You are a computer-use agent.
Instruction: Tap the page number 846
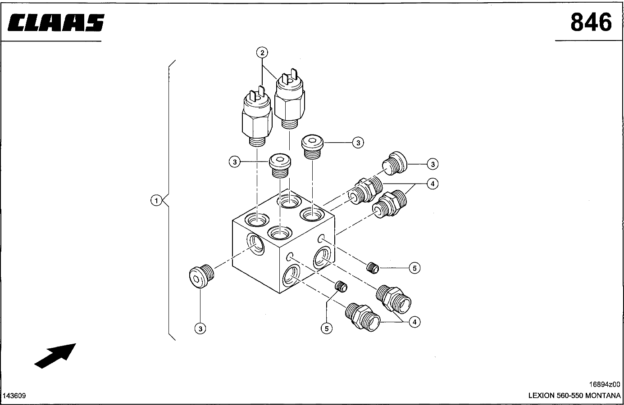click(x=591, y=22)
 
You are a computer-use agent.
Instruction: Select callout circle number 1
click(x=156, y=200)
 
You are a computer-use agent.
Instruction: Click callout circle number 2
click(x=262, y=53)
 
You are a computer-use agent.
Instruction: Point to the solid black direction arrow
click(x=55, y=355)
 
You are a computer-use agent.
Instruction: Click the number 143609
click(x=14, y=396)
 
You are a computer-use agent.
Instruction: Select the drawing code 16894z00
click(x=605, y=384)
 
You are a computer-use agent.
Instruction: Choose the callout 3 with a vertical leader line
click(x=200, y=329)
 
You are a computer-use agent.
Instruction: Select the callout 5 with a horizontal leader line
click(x=414, y=268)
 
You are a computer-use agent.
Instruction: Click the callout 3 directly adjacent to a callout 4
click(x=433, y=164)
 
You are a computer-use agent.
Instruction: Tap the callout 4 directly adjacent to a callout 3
click(x=432, y=184)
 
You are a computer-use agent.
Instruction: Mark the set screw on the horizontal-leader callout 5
click(x=372, y=268)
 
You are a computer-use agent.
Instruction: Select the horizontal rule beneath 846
click(x=588, y=41)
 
